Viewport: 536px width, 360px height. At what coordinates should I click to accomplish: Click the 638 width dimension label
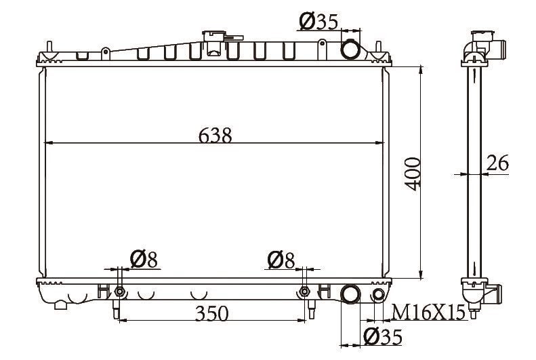(215, 135)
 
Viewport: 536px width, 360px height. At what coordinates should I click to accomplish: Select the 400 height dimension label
(413, 174)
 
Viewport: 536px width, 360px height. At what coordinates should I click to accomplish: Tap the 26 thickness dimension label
(497, 163)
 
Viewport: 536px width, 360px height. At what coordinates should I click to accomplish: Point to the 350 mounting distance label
(211, 313)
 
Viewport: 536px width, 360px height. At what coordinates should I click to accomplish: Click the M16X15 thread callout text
(429, 312)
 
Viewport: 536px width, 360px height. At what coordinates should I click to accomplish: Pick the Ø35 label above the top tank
(318, 22)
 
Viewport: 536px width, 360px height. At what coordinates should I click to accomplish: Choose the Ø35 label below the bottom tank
(382, 337)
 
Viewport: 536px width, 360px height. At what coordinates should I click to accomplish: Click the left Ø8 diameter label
(144, 260)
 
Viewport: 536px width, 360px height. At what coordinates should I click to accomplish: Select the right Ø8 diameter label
(281, 260)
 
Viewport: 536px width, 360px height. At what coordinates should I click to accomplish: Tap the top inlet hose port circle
(350, 49)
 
